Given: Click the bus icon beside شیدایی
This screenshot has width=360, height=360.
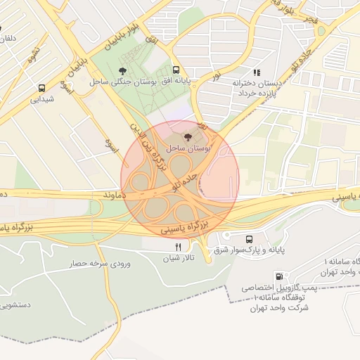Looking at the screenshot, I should [x=42, y=89].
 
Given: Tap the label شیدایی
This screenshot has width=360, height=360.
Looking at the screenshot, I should [x=42, y=100].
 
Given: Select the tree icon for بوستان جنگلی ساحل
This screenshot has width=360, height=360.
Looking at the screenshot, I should [x=124, y=70].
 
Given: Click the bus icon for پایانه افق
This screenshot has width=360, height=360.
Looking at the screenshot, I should [x=175, y=70].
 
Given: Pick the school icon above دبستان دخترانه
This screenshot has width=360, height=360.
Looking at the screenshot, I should [x=257, y=72].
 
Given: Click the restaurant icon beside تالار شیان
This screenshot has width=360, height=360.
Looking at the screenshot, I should [x=178, y=247].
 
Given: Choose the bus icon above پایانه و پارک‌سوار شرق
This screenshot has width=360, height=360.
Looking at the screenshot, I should [x=250, y=239].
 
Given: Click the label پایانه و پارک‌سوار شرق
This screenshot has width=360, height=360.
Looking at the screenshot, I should [x=250, y=250].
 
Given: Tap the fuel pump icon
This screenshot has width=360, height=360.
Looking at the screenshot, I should [x=280, y=276].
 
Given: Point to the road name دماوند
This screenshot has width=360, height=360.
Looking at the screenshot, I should [x=112, y=193].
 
